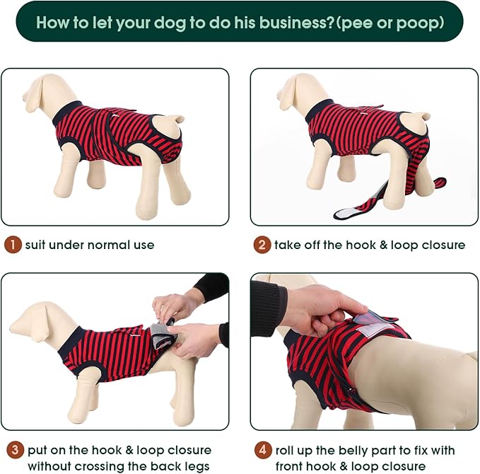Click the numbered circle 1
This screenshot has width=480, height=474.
click(x=13, y=245)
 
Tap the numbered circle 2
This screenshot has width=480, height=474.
click(x=262, y=245)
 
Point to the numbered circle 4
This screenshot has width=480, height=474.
click(x=263, y=450)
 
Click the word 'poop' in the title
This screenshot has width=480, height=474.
click(x=418, y=22)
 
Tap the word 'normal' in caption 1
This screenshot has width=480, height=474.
click(x=109, y=245)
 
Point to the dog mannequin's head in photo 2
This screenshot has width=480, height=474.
click(x=295, y=90)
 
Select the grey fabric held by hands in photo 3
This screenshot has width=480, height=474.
click(x=162, y=335)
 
